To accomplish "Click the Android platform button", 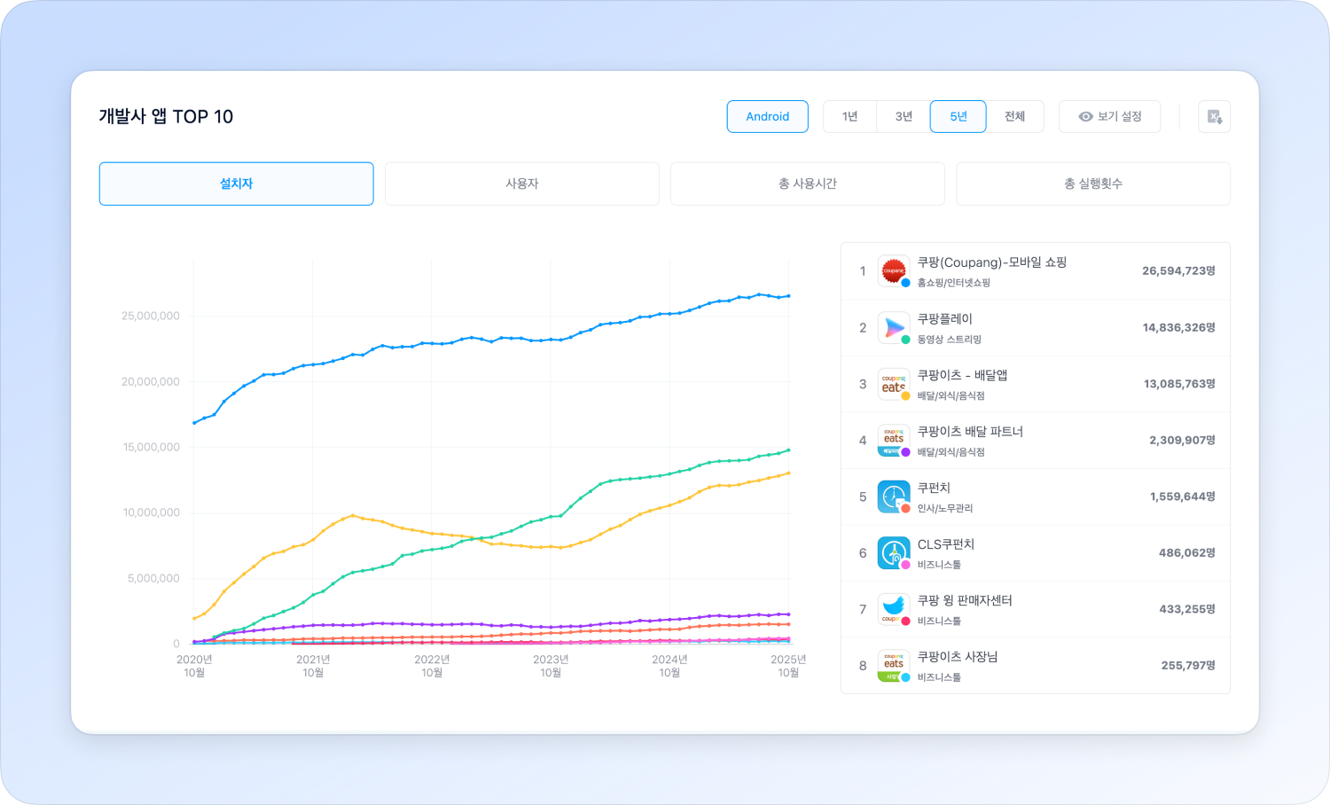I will (767, 116).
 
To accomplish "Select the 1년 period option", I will (849, 116).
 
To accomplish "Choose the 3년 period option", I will (904, 116).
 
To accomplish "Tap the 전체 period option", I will (1014, 116).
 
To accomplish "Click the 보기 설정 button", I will (1109, 116).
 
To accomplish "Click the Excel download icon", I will (1214, 116).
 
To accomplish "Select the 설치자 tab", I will (236, 184).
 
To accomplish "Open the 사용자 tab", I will (521, 184).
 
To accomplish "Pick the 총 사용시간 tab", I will (807, 184).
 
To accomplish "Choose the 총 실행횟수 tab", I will (1092, 184).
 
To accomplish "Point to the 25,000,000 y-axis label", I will (151, 316).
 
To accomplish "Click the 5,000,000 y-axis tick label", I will (153, 578).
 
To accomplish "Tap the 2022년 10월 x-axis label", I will (432, 666).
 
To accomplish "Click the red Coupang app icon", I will (893, 270).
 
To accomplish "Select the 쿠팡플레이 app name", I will (944, 319).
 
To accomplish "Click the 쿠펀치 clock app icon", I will (893, 496).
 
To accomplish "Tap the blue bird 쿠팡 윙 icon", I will (893, 608).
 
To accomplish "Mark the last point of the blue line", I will (788, 296).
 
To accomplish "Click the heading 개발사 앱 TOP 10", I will (166, 116).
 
